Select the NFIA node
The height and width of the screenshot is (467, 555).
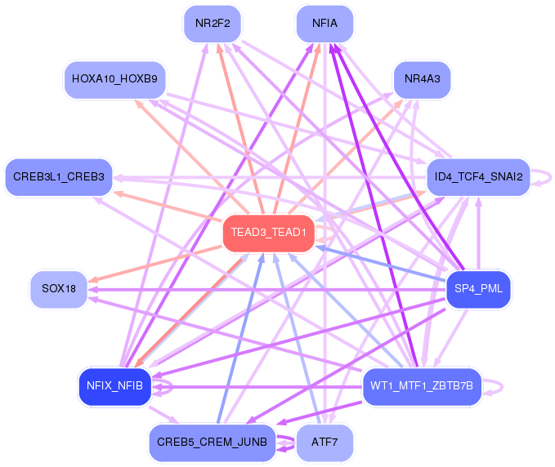[324, 24]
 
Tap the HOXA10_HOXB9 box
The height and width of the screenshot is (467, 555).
[115, 79]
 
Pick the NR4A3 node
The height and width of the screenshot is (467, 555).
[422, 79]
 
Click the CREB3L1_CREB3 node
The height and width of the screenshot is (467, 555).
[59, 176]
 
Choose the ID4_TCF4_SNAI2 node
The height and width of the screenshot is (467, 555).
[479, 176]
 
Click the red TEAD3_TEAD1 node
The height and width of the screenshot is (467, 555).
[268, 233]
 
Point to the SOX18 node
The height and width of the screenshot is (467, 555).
[59, 289]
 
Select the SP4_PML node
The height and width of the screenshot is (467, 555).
[478, 289]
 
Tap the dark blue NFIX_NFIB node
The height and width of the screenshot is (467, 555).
[115, 386]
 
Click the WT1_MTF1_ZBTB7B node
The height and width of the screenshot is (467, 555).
[422, 385]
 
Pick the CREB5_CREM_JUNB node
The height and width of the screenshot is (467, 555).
[213, 443]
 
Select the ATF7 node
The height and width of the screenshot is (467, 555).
[324, 443]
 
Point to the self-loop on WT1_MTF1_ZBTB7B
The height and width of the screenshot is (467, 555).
[493, 385]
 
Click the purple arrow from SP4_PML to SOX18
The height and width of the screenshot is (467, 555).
[270, 289]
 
